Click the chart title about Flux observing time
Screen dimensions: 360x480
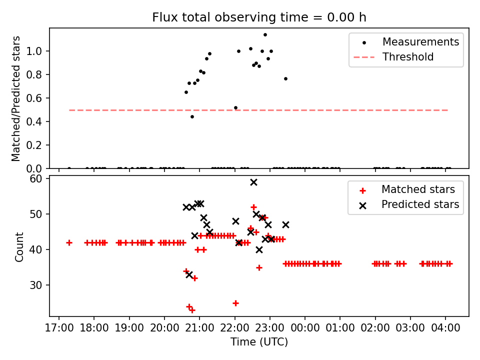point(259,17)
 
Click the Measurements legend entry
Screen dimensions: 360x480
point(420,42)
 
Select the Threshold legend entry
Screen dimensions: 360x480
point(408,57)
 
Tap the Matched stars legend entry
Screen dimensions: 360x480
point(418,189)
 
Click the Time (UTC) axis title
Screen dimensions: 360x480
point(259,342)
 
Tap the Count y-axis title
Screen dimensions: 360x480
point(19,246)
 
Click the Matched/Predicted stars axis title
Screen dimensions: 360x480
point(16,98)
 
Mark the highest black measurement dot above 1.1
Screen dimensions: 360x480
point(265,35)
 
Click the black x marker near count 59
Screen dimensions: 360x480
point(253,182)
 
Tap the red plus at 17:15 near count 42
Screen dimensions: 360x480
point(69,242)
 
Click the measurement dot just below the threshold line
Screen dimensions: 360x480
point(192,116)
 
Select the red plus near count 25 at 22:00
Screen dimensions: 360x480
point(235,303)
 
